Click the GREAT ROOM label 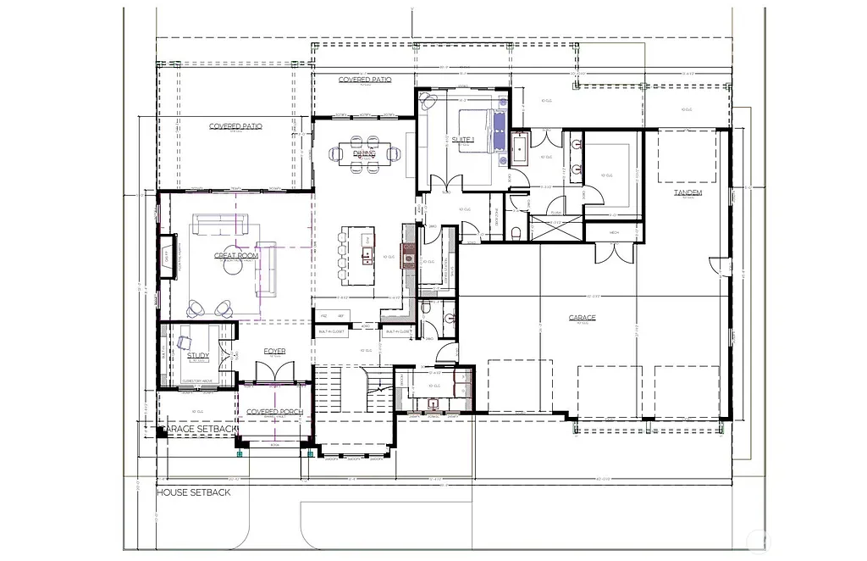pos(235,256)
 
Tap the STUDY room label pos(197,356)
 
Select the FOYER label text pos(274,351)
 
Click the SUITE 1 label pos(463,139)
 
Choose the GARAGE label pos(583,318)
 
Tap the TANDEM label pos(688,193)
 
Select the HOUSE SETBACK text pos(194,492)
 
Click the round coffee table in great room pos(230,265)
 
